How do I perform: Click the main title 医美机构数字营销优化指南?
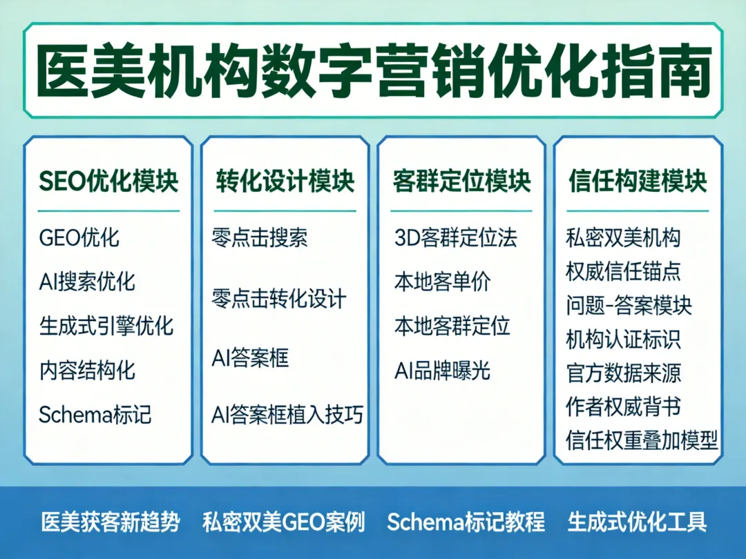coord(373,71)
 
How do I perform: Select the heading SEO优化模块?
coord(108,181)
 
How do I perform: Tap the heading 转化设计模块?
coord(285,181)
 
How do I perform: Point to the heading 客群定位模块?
coord(461,181)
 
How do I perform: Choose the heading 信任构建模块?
coord(638,181)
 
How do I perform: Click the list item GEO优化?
coord(79,238)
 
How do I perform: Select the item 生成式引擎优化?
coord(106,326)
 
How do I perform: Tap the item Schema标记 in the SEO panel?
coord(95,415)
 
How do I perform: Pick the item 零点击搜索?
coord(260,238)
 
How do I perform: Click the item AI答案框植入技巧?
coord(287,415)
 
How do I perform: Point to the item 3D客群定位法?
coord(455,238)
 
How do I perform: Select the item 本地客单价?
coord(442,282)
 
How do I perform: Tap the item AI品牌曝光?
coord(442,371)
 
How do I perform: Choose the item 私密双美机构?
coord(623,238)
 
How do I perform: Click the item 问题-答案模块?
coord(629,305)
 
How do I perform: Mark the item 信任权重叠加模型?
coord(642,440)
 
